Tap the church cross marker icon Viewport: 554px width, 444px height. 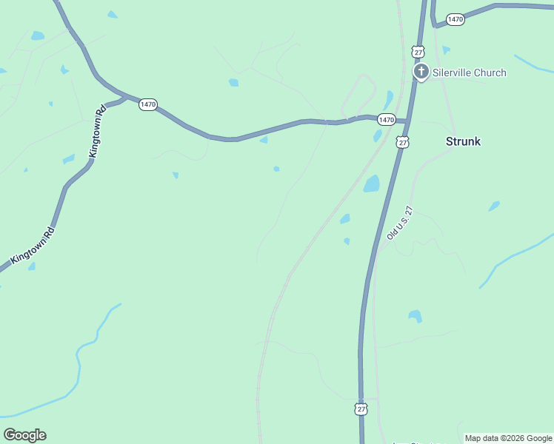pos(421,72)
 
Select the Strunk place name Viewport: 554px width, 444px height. pos(463,141)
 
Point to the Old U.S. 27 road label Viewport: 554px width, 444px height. pos(398,223)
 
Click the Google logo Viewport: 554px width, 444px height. pos(24,435)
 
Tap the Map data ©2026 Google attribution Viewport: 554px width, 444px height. pos(508,438)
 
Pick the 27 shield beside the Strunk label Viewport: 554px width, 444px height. pos(402,141)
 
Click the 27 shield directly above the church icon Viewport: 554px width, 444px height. pos(419,51)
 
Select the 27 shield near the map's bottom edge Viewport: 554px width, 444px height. pos(361,408)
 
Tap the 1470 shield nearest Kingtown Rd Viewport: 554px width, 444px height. pos(147,104)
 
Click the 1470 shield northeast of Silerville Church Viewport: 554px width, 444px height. pos(455,19)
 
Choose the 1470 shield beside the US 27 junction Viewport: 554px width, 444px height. pos(386,119)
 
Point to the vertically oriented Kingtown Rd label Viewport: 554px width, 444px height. pos(97,131)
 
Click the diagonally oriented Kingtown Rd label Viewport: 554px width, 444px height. pos(33,246)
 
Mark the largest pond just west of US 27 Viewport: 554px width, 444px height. pos(372,184)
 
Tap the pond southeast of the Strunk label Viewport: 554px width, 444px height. pos(494,206)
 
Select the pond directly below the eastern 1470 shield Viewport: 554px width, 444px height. pos(378,135)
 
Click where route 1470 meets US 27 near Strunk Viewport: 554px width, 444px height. pos(406,120)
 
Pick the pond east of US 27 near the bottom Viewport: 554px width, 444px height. pos(415,316)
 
